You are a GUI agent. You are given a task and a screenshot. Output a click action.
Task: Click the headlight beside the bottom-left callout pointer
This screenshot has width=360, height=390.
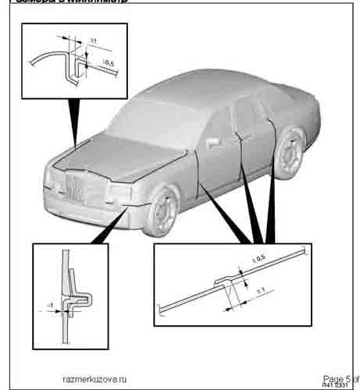pyautogui.click(x=122, y=191)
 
